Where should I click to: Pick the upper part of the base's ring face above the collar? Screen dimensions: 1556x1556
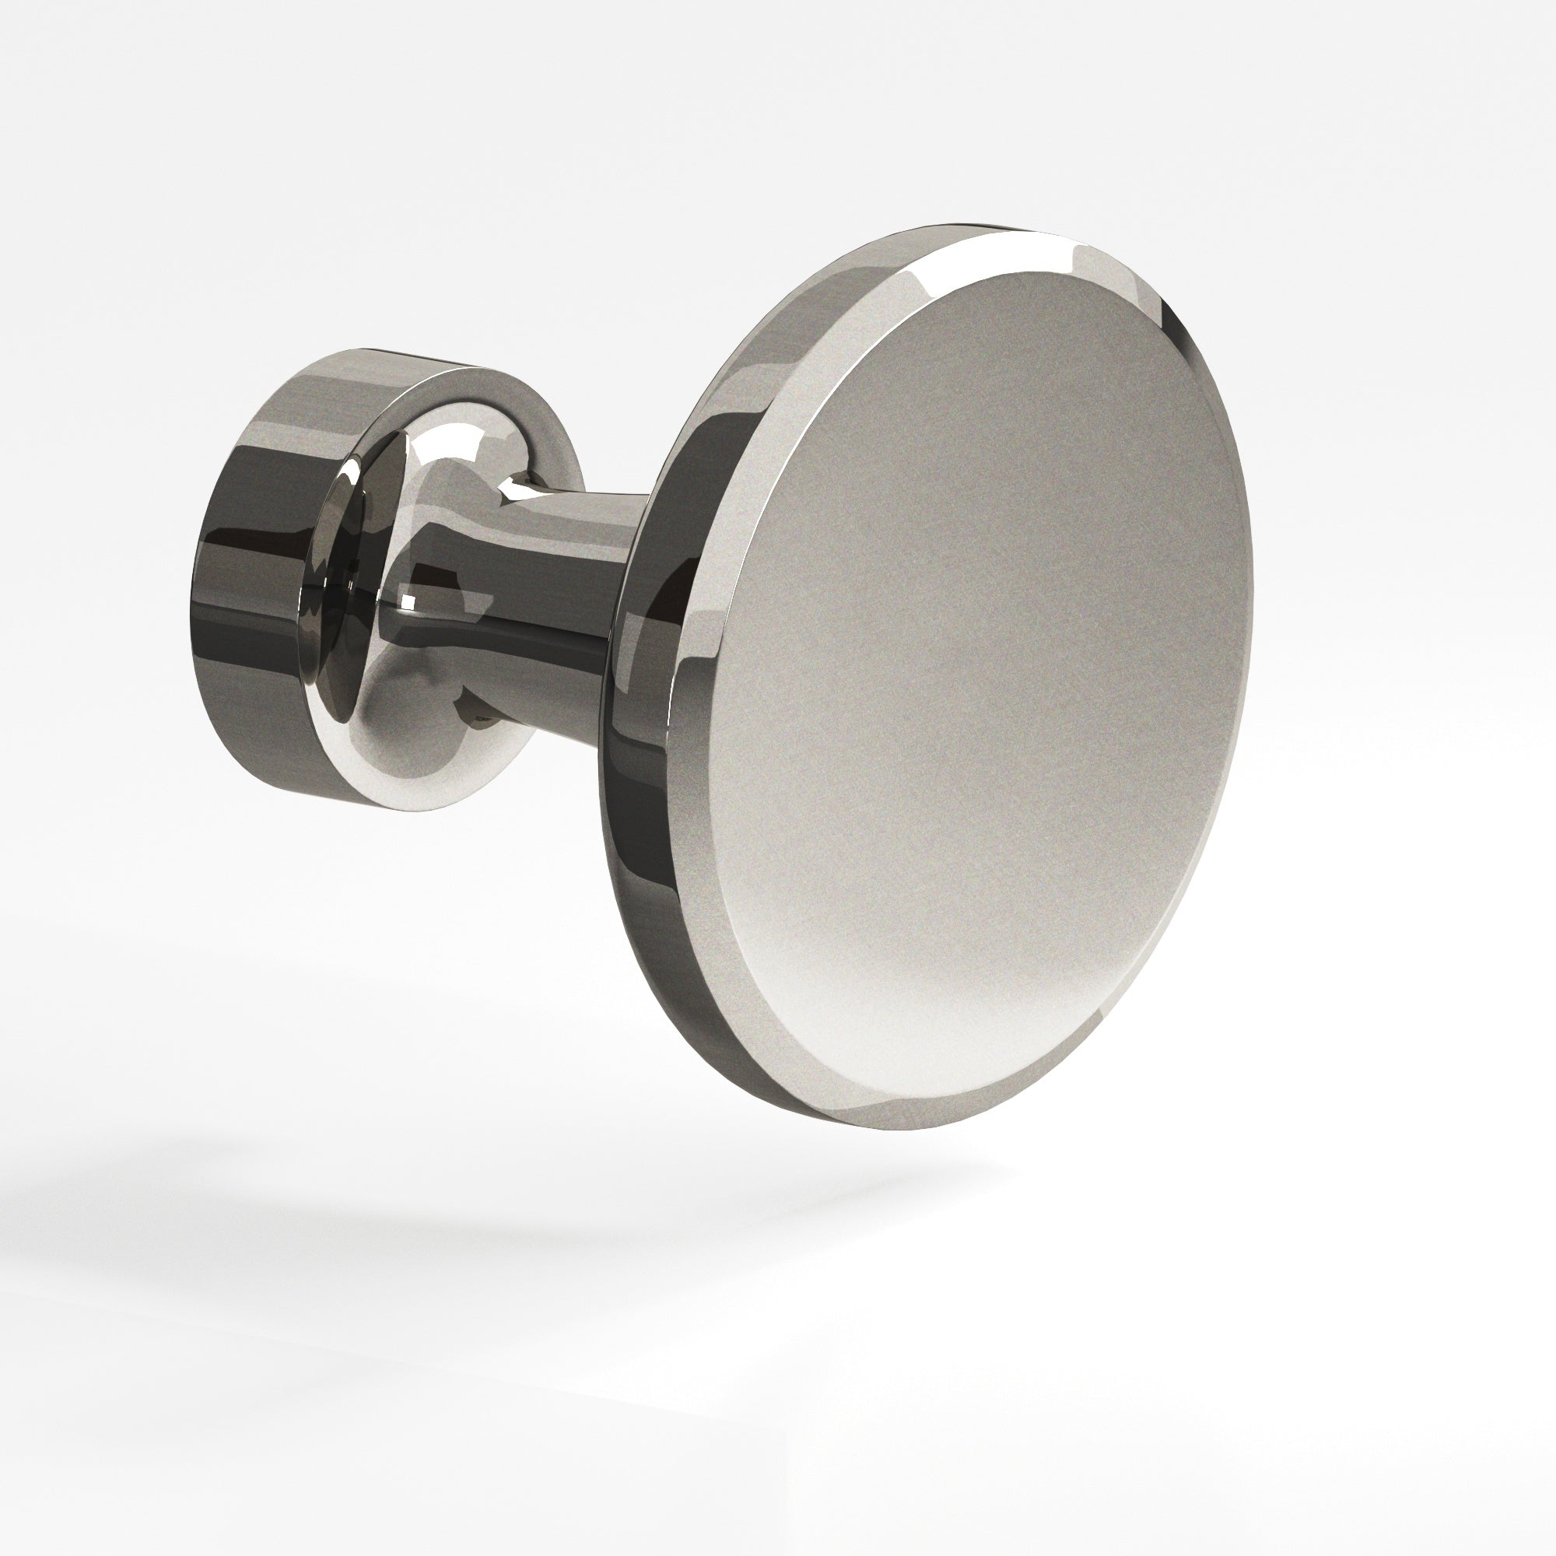click(x=451, y=387)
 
